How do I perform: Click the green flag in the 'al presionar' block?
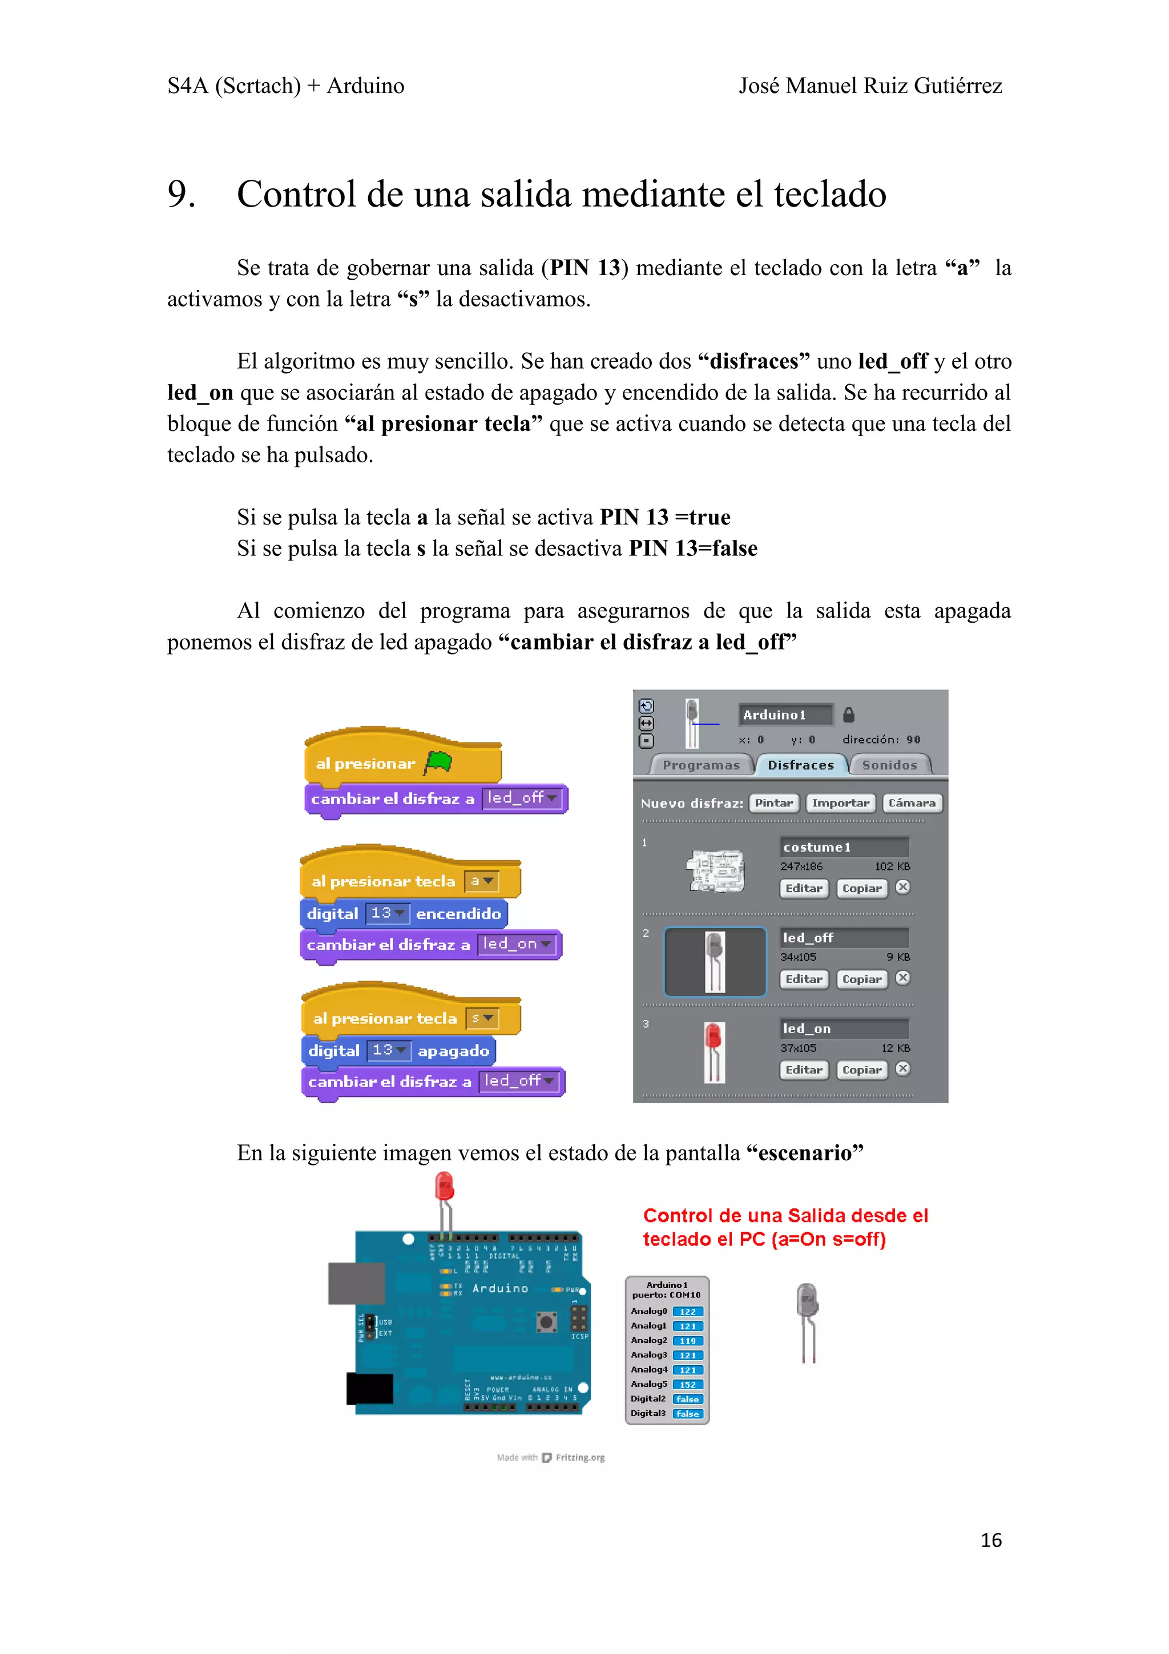(x=438, y=762)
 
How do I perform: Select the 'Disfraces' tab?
(x=800, y=765)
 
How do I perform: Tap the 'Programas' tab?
(x=701, y=765)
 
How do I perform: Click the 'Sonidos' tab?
(x=889, y=765)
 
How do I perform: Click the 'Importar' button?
(x=840, y=802)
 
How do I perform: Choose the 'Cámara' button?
(x=911, y=802)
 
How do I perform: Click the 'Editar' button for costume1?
(x=803, y=888)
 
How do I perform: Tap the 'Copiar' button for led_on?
(x=861, y=1070)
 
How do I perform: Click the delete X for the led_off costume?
(x=902, y=978)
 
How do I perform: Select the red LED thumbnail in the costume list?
(x=714, y=1051)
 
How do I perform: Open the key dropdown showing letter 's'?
(x=482, y=1017)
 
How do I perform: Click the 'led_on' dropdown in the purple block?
(x=517, y=943)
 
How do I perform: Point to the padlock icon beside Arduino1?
(x=848, y=715)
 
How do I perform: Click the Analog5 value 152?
(x=687, y=1385)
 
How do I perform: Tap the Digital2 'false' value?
(x=687, y=1399)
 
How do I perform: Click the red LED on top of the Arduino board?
(x=445, y=1187)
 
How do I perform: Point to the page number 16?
(x=990, y=1540)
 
